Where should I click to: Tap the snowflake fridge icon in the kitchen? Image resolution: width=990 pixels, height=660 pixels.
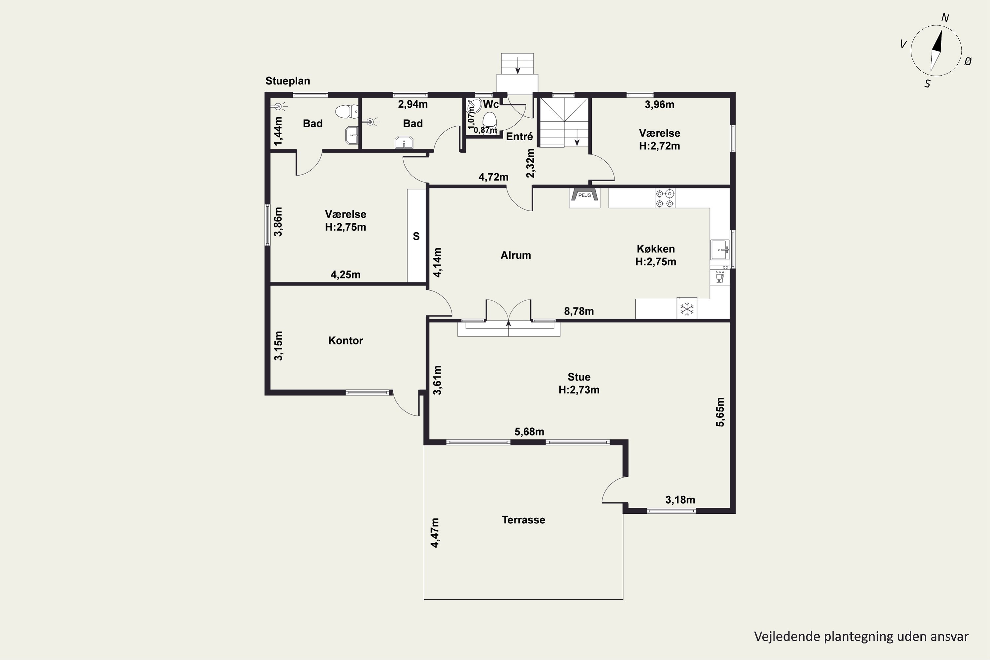pos(687,309)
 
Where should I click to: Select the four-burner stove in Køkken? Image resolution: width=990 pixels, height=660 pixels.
pos(665,198)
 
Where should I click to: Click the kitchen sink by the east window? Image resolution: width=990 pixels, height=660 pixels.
pos(720,250)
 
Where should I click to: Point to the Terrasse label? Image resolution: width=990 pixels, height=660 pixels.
pos(523,520)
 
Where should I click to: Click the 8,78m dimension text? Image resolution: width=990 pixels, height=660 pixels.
pos(579,311)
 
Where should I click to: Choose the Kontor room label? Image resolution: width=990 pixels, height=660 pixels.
pos(346,341)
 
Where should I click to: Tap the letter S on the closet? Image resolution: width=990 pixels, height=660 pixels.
pos(416,237)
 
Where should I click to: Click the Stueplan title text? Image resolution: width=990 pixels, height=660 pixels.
pos(287,81)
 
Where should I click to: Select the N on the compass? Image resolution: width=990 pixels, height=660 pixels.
pos(945,18)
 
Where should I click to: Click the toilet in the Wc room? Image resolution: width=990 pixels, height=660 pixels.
pos(490,119)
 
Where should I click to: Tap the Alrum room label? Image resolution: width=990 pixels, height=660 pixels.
pos(515,255)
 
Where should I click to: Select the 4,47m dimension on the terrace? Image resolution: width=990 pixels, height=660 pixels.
pos(435,533)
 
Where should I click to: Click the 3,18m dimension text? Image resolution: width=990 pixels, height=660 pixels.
pos(680,500)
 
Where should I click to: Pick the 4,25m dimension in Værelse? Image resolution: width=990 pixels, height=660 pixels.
pos(345,275)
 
